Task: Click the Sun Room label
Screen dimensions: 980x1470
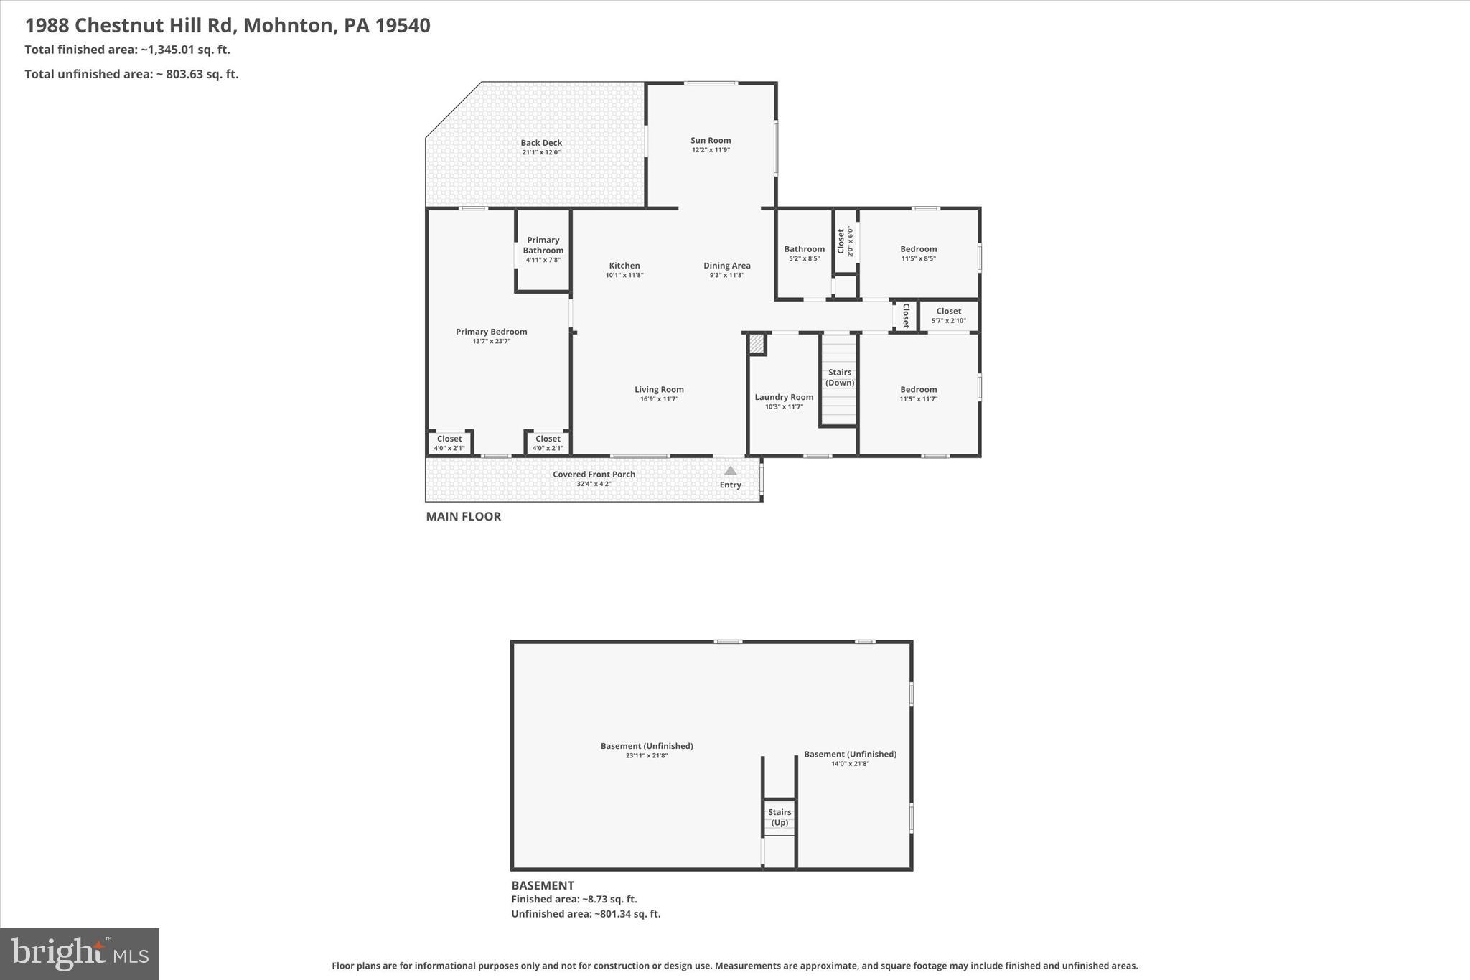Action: (711, 141)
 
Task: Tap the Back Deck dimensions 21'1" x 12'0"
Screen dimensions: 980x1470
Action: (541, 152)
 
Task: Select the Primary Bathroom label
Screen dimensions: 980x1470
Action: (543, 245)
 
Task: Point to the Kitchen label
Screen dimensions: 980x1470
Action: (624, 266)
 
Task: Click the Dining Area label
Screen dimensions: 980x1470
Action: (726, 266)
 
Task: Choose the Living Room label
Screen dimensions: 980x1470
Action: (659, 390)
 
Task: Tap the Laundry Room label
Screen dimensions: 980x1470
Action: (784, 397)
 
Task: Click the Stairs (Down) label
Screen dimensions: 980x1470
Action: (839, 377)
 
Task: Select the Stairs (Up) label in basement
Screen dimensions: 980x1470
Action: (780, 817)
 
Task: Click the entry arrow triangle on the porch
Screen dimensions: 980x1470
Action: (730, 471)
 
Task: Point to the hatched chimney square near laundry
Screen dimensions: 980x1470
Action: (756, 344)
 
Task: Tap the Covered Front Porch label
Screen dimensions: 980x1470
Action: (594, 475)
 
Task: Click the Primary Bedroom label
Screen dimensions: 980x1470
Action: (492, 332)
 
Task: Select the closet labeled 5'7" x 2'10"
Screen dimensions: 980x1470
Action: (948, 316)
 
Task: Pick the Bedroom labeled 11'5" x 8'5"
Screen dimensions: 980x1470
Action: (918, 253)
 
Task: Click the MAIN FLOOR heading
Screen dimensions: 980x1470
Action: (463, 516)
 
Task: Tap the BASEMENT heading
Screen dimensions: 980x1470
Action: (542, 885)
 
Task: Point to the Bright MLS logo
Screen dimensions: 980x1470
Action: (80, 953)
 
